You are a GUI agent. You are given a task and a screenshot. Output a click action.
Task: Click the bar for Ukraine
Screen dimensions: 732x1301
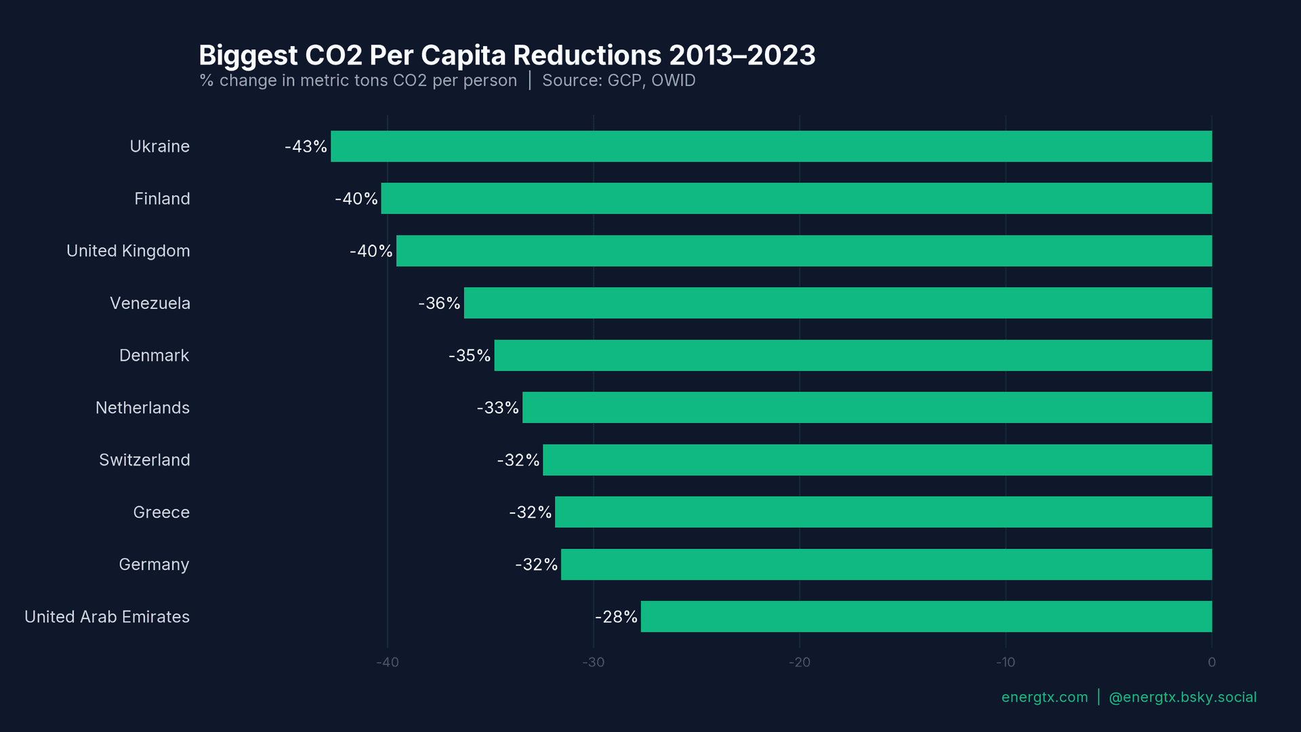coord(771,146)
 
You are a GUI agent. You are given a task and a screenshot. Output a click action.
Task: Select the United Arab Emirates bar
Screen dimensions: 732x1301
coord(926,617)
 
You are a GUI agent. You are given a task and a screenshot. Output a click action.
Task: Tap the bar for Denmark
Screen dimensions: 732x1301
coord(853,355)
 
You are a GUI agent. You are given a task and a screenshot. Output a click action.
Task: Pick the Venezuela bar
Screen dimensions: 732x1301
coord(838,303)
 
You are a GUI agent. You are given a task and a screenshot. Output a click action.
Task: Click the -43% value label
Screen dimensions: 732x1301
coord(306,146)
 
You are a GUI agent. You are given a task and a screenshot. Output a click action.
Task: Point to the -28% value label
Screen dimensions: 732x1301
coord(616,617)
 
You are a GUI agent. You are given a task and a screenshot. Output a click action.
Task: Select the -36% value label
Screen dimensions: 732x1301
coord(439,303)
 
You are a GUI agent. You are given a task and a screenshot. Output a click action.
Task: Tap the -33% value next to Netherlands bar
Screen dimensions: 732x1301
coord(497,407)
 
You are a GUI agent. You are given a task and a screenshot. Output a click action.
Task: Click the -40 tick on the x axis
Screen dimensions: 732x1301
coord(388,662)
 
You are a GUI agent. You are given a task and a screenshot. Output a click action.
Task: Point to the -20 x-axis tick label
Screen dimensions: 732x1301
coord(800,662)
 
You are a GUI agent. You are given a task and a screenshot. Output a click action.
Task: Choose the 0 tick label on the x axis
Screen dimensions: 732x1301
coord(1212,662)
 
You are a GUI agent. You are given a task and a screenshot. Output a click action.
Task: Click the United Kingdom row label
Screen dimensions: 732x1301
coord(128,251)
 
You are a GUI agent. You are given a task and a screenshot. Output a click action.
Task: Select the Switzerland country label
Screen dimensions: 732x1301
coord(144,460)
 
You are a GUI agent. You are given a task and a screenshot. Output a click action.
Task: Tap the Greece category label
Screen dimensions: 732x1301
coord(161,512)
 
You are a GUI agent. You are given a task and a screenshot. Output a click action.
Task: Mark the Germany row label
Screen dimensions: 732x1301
coord(154,565)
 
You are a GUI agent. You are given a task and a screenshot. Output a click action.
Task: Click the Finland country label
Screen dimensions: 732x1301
coord(162,199)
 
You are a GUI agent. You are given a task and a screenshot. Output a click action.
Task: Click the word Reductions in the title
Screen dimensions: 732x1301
coord(587,55)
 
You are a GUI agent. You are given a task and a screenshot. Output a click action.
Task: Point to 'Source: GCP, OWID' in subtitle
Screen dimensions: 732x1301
coord(619,81)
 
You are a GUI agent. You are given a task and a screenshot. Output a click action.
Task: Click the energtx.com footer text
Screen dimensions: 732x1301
coord(1044,697)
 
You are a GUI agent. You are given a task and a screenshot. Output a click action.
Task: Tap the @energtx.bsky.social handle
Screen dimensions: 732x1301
coord(1182,697)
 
